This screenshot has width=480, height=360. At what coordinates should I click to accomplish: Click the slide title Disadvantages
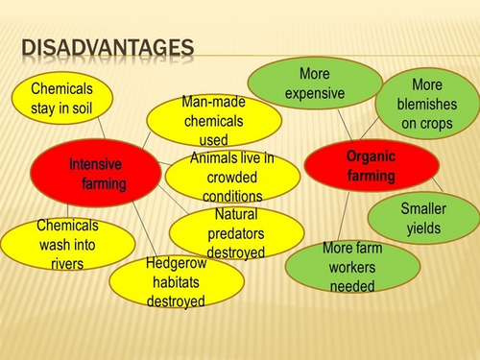(107, 47)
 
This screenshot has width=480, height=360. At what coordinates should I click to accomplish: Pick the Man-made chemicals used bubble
(213, 121)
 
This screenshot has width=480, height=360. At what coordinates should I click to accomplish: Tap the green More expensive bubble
(314, 83)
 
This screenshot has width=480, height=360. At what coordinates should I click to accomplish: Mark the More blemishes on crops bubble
(426, 103)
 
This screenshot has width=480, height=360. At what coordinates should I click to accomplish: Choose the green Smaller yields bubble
(437, 219)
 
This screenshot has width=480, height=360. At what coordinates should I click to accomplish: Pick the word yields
(435, 228)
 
